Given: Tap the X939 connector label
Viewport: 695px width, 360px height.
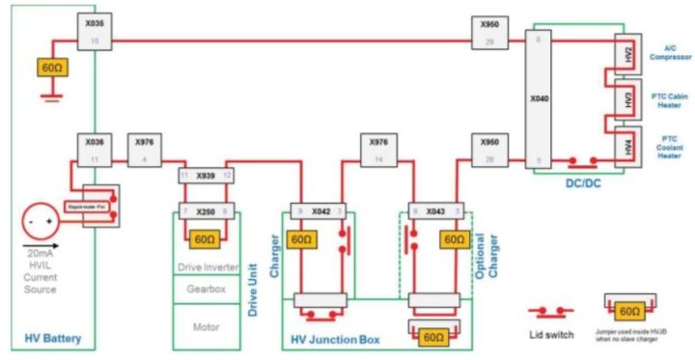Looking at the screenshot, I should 206,175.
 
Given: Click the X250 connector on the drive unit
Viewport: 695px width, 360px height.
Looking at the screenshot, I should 206,209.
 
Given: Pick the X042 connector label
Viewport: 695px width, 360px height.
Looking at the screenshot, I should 323,209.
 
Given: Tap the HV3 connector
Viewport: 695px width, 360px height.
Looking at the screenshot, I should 627,99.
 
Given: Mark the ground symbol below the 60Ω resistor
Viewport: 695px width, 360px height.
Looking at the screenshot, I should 49,95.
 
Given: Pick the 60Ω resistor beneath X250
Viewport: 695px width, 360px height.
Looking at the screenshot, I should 205,239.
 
